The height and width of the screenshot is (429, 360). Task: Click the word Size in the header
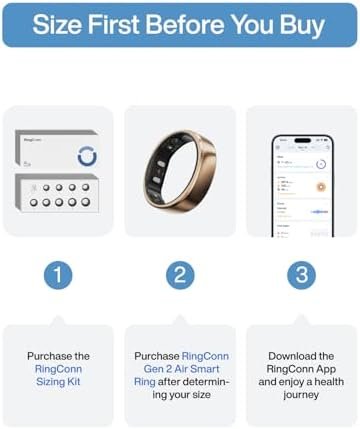58,25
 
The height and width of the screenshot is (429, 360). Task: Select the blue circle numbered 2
180,273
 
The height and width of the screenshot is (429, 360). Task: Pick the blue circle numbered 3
302,273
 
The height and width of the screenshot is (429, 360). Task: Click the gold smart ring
180,170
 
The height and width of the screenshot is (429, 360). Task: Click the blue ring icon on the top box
86,157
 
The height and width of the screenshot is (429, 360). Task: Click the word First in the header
113,25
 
